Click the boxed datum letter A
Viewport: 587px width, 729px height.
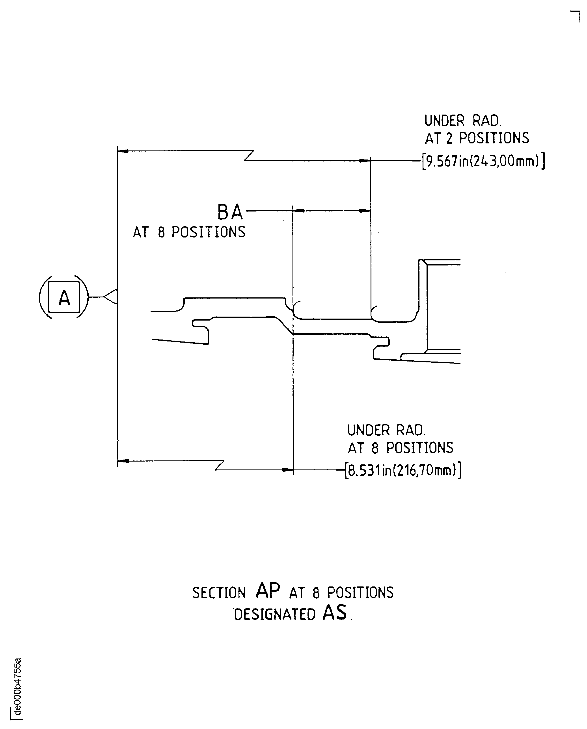[x=64, y=297]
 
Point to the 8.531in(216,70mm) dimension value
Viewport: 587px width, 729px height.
[x=403, y=470]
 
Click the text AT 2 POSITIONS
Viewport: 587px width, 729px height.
[x=477, y=138]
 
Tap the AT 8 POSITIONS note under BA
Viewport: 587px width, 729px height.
[x=189, y=232]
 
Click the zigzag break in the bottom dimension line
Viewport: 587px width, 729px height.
[x=220, y=465]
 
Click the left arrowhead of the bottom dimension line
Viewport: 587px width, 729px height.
[x=123, y=461]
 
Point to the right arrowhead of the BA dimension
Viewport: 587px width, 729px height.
[x=365, y=211]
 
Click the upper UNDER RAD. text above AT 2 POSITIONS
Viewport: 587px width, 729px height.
[x=463, y=121]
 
